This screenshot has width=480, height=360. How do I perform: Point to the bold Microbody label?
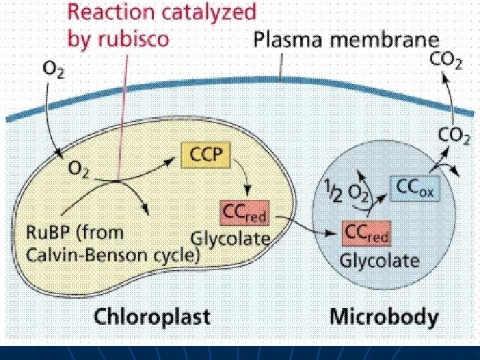click(x=384, y=315)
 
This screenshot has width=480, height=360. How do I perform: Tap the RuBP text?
click(x=47, y=234)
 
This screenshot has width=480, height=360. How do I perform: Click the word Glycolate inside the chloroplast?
click(x=231, y=238)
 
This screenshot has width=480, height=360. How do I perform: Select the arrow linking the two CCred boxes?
click(x=306, y=227)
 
